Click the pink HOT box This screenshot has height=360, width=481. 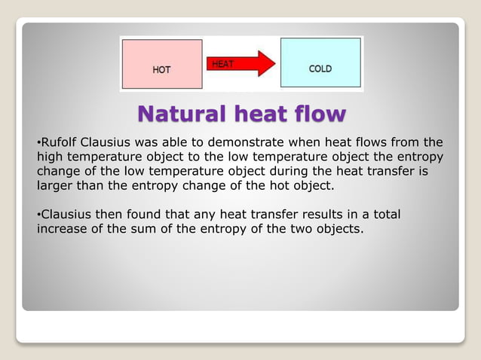tap(162, 64)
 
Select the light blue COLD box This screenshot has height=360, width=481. tap(320, 63)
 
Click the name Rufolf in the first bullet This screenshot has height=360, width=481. tap(60, 142)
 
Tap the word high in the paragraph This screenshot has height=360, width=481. tap(50, 156)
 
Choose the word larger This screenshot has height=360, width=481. tap(55, 185)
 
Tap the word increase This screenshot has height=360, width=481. tap(61, 228)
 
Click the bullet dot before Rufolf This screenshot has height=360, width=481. tap(38, 142)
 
